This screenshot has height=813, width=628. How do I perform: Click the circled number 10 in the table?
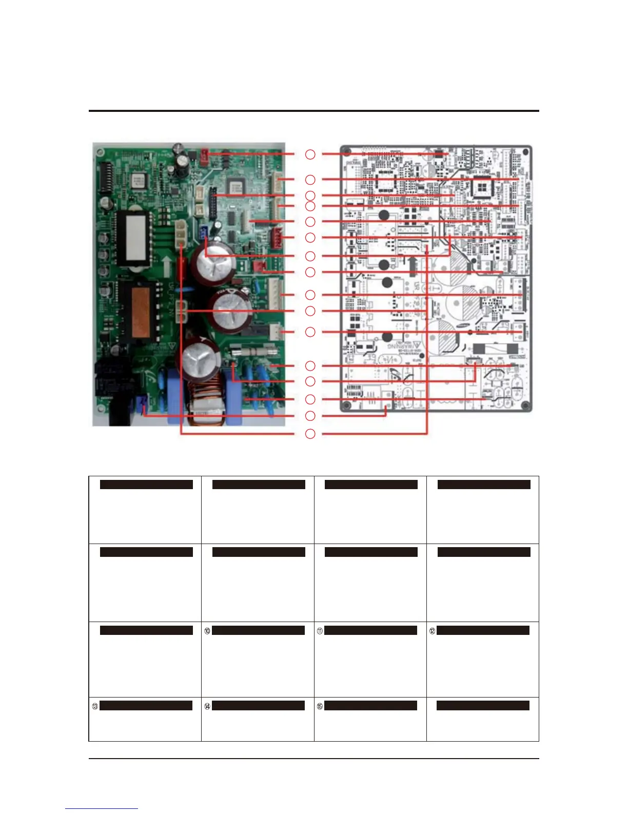pyautogui.click(x=207, y=631)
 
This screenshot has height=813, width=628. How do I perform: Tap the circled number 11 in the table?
pyautogui.click(x=320, y=631)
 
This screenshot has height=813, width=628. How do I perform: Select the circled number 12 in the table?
pyautogui.click(x=432, y=631)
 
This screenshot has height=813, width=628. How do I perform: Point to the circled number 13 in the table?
pyautogui.click(x=95, y=706)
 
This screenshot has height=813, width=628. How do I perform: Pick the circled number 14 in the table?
pyautogui.click(x=207, y=706)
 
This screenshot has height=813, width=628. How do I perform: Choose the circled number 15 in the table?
pyautogui.click(x=320, y=706)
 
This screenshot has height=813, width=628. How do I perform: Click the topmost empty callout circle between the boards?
pyautogui.click(x=310, y=154)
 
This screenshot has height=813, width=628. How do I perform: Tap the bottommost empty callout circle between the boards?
pyautogui.click(x=310, y=434)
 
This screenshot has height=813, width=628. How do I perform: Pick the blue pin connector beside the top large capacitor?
pyautogui.click(x=205, y=233)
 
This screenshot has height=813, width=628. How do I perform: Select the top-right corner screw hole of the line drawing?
pyautogui.click(x=525, y=152)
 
